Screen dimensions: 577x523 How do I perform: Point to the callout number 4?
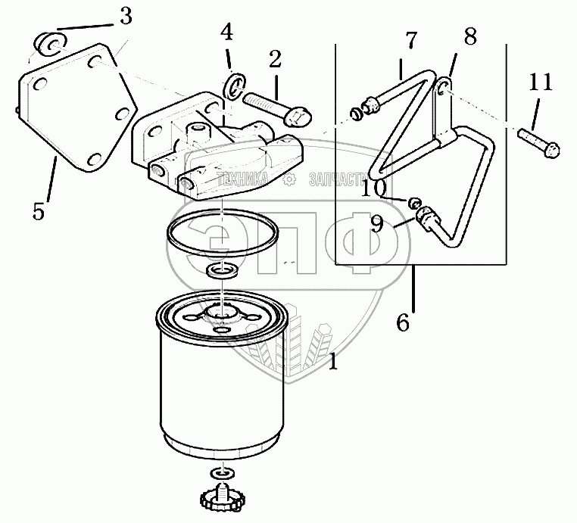(x=226, y=33)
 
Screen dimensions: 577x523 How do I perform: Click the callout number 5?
(x=39, y=210)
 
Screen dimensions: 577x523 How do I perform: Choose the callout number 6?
(x=403, y=323)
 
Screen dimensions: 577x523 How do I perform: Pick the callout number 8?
(x=470, y=36)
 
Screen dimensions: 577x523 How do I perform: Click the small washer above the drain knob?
(x=220, y=472)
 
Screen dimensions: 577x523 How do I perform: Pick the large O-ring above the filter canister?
(x=219, y=229)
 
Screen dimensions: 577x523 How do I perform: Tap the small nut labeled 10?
(x=415, y=203)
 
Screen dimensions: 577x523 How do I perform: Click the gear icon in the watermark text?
(x=288, y=179)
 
